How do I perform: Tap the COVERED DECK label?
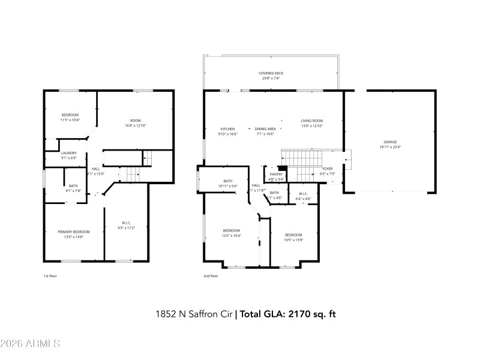click(x=271, y=73)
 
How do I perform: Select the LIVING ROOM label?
click(x=311, y=121)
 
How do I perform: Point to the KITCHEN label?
click(x=227, y=129)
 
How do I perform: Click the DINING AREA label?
click(x=265, y=129)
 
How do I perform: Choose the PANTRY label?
click(x=276, y=174)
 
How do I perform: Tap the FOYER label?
click(x=328, y=169)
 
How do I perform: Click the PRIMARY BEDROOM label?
click(x=74, y=232)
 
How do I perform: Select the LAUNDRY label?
click(x=69, y=153)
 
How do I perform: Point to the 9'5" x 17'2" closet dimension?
click(x=127, y=228)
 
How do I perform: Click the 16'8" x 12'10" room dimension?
click(x=136, y=125)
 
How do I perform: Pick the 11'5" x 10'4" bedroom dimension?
click(x=70, y=120)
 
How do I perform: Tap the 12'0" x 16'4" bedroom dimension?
click(x=232, y=236)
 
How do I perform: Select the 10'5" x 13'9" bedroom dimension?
click(x=293, y=240)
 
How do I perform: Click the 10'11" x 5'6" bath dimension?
click(x=228, y=186)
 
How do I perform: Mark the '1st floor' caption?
click(x=50, y=276)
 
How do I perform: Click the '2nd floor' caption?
click(x=211, y=276)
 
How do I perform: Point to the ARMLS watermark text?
click(x=31, y=344)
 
